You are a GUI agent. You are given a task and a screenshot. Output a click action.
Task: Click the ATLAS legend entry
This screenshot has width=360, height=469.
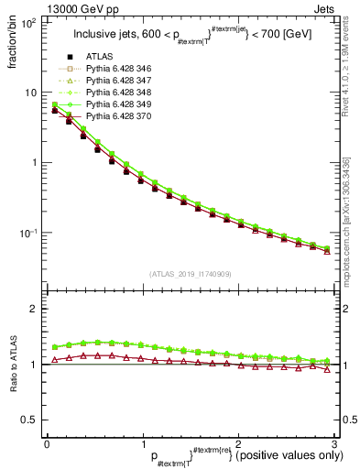pyautogui.click(x=100, y=58)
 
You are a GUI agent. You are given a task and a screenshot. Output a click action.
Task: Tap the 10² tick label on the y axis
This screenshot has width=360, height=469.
pyautogui.click(x=29, y=22)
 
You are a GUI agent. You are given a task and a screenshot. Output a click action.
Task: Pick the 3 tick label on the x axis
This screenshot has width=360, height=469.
pyautogui.click(x=334, y=443)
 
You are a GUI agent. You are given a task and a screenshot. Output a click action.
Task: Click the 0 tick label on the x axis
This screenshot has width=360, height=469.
pyautogui.click(x=46, y=443)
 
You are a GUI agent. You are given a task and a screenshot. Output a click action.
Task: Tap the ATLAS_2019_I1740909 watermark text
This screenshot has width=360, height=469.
pyautogui.click(x=190, y=273)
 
